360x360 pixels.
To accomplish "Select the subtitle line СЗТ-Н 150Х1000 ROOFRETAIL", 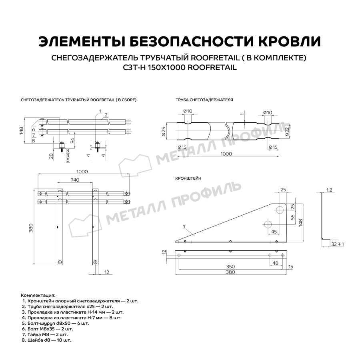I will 180,68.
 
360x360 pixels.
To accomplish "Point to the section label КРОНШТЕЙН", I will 188,178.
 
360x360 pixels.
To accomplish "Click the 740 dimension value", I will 75,181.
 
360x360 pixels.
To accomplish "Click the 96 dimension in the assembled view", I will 72,140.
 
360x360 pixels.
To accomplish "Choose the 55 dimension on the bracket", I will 292,217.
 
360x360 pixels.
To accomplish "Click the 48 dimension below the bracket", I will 275,263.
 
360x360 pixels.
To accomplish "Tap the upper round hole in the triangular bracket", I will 280,208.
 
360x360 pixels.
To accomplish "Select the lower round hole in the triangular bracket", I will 268,224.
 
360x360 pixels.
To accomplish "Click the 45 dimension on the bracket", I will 274,232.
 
